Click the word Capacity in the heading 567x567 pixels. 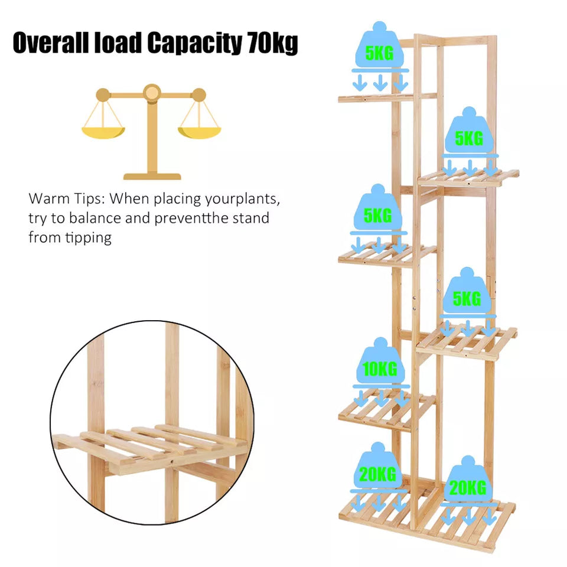(x=195, y=43)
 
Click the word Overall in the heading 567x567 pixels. (x=51, y=43)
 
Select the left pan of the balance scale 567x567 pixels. (x=103, y=132)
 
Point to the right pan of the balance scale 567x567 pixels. (x=199, y=132)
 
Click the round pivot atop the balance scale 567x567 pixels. (x=152, y=93)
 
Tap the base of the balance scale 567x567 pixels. (x=152, y=176)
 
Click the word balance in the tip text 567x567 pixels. (x=95, y=219)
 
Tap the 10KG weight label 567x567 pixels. (x=380, y=369)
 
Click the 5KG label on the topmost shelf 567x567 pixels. (x=379, y=53)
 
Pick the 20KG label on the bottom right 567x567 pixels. (x=468, y=488)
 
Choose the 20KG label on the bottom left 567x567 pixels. (x=377, y=474)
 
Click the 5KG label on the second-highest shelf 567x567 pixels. (x=469, y=138)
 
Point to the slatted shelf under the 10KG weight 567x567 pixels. (x=387, y=410)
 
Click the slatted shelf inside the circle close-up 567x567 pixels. (x=150, y=448)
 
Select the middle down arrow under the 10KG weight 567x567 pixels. (x=381, y=398)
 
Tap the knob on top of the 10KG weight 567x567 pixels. (x=380, y=343)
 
